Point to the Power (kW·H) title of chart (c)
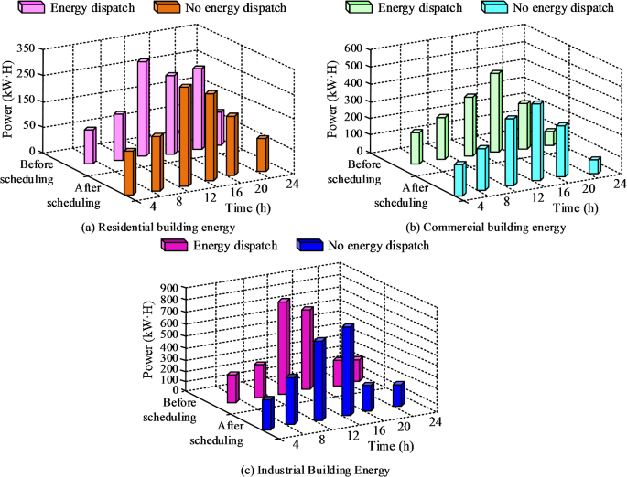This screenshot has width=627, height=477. point(148,338)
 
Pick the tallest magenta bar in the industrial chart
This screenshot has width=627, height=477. point(284,347)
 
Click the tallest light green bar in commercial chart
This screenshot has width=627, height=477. point(495,111)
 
